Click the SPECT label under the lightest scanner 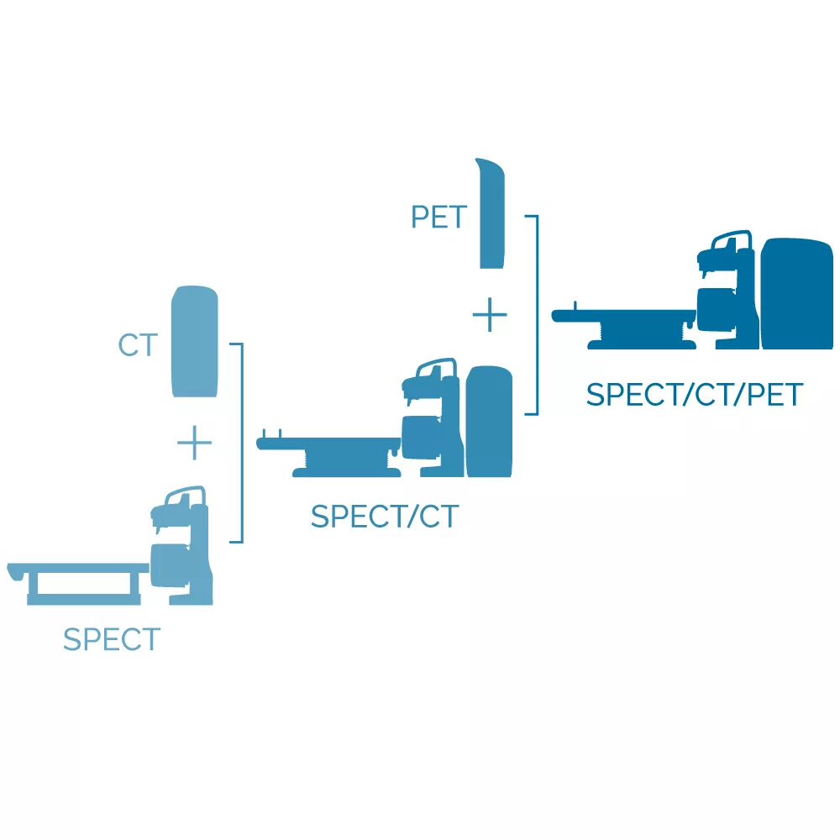click(112, 639)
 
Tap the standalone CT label click(139, 345)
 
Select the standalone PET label click(438, 217)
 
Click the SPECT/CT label click(385, 517)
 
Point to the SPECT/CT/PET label click(695, 395)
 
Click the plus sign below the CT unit click(194, 443)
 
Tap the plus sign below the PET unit click(490, 315)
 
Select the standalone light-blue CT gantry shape click(195, 342)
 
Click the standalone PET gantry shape click(491, 214)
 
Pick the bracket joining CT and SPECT click(242, 443)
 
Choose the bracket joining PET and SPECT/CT click(537, 315)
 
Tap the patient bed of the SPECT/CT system click(329, 456)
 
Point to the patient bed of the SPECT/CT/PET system click(624, 326)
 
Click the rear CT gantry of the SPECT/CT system click(489, 422)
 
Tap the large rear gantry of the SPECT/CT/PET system click(797, 294)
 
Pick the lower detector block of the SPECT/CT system click(421, 437)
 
